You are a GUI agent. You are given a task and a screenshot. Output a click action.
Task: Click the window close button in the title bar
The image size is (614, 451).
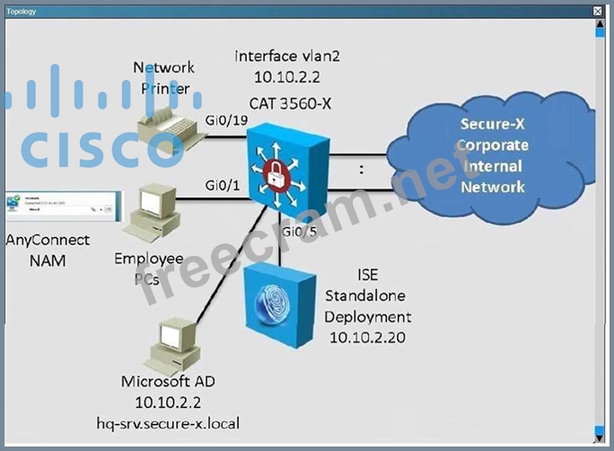(598, 11)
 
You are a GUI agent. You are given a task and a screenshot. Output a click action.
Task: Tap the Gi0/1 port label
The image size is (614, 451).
(222, 186)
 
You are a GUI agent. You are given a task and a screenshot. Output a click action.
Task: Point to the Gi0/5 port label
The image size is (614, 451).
(299, 234)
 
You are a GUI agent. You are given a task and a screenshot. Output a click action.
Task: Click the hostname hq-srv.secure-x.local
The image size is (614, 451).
(166, 422)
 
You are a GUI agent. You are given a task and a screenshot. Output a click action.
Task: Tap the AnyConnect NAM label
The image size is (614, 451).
(48, 250)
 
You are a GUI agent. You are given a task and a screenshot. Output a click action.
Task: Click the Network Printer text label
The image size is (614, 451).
(164, 77)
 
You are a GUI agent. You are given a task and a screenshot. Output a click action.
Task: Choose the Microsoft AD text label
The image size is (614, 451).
(166, 381)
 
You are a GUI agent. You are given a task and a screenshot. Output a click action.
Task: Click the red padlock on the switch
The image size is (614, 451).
(285, 168)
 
